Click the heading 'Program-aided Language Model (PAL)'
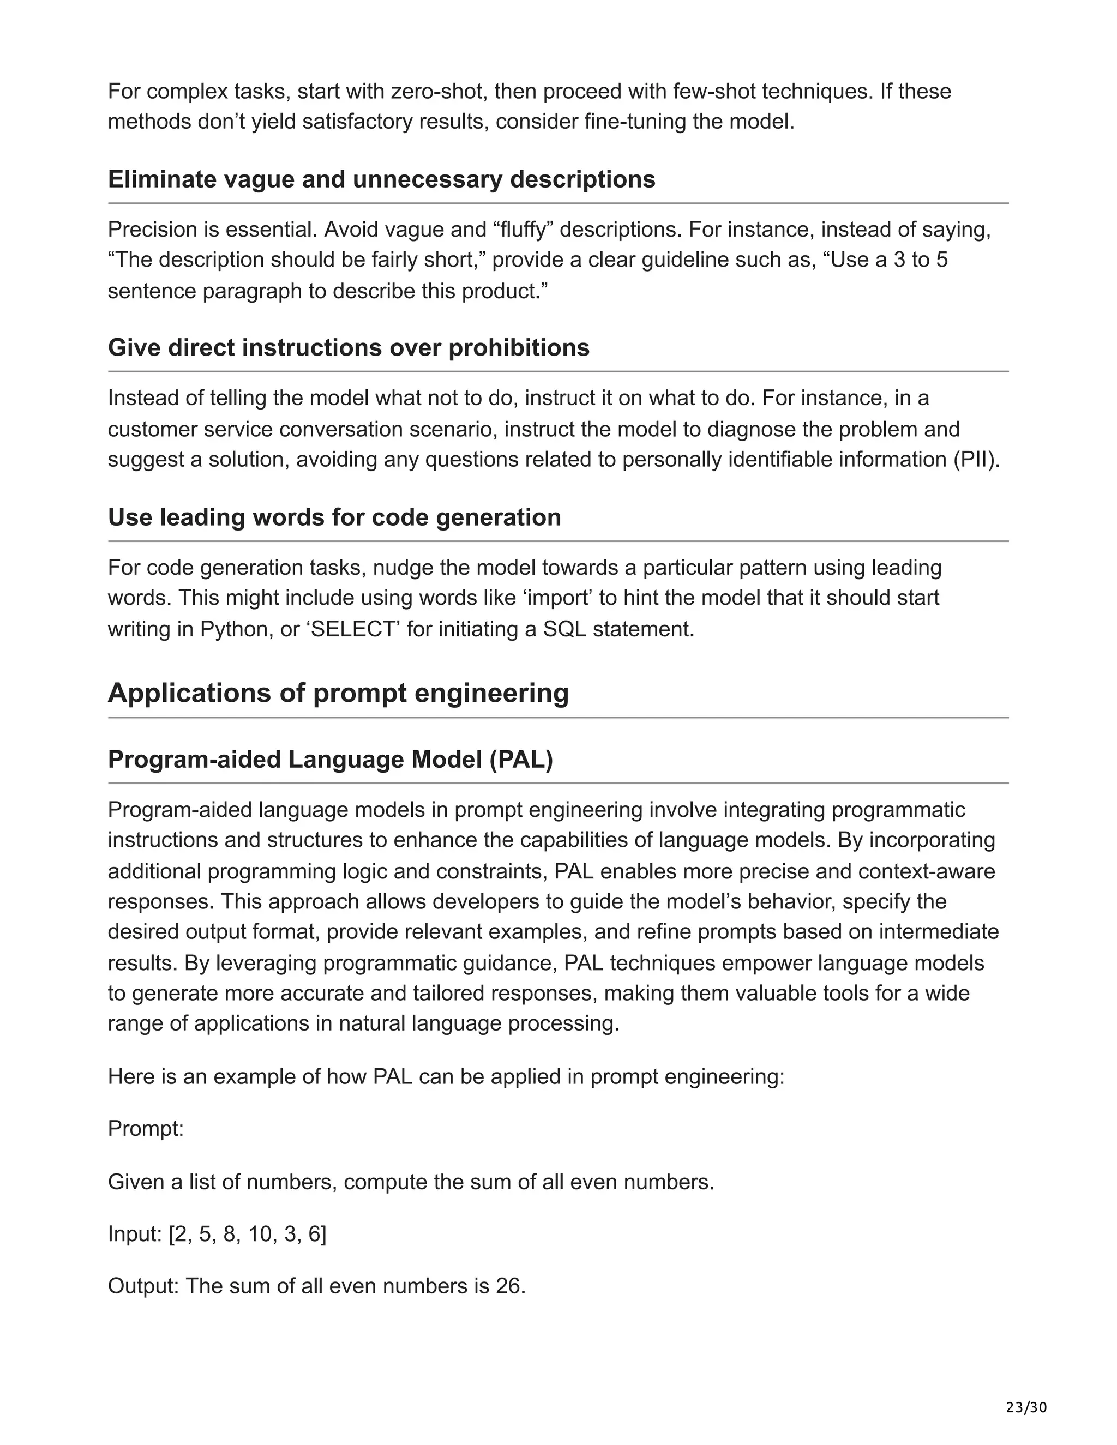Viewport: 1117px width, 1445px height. tap(330, 760)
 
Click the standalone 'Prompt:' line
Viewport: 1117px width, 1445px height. tap(146, 1128)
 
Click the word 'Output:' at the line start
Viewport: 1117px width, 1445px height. tap(143, 1286)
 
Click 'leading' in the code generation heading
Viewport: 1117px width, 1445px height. tap(203, 517)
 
